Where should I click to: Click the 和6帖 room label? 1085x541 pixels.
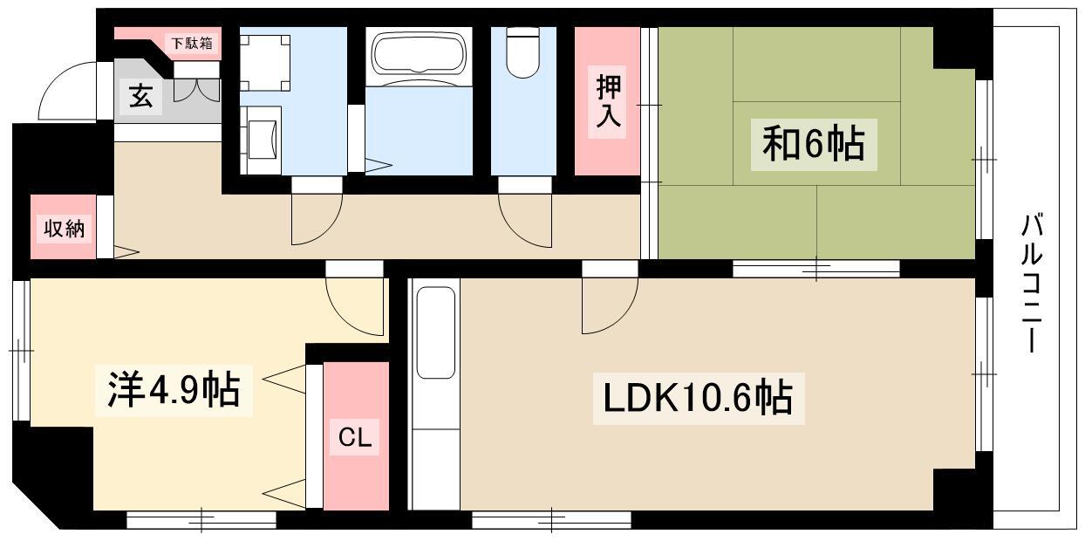click(814, 144)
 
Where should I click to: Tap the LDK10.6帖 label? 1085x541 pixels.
click(699, 399)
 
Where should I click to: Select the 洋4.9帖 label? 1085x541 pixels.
click(174, 391)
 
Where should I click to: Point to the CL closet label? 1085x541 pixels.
click(355, 438)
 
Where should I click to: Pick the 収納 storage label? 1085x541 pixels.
click(64, 229)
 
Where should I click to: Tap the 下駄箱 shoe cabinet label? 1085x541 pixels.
click(192, 43)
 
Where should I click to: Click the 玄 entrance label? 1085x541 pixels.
click(141, 97)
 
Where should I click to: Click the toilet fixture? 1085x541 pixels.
click(523, 52)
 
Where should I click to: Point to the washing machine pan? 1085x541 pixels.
click(265, 63)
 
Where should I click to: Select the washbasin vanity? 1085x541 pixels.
click(261, 140)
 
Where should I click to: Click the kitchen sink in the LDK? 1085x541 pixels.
click(436, 333)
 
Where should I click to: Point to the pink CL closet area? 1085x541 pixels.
click(356, 436)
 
